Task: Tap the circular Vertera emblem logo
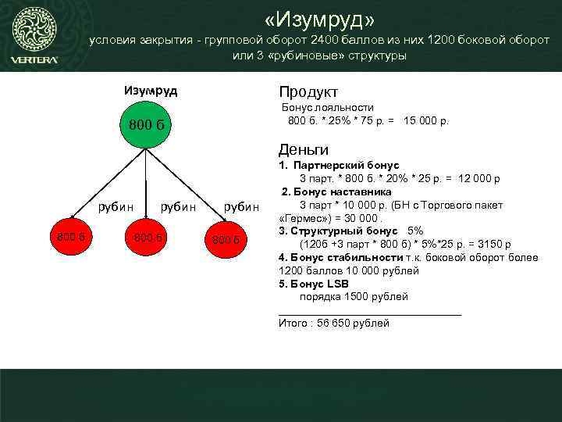tap(34, 29)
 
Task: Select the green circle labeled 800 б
tap(145, 124)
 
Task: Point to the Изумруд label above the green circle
tap(151, 91)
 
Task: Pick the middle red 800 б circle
tap(146, 237)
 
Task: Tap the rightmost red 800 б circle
tap(226, 238)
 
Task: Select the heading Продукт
tap(308, 91)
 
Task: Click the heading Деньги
tap(304, 149)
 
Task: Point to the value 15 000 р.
tap(426, 121)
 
